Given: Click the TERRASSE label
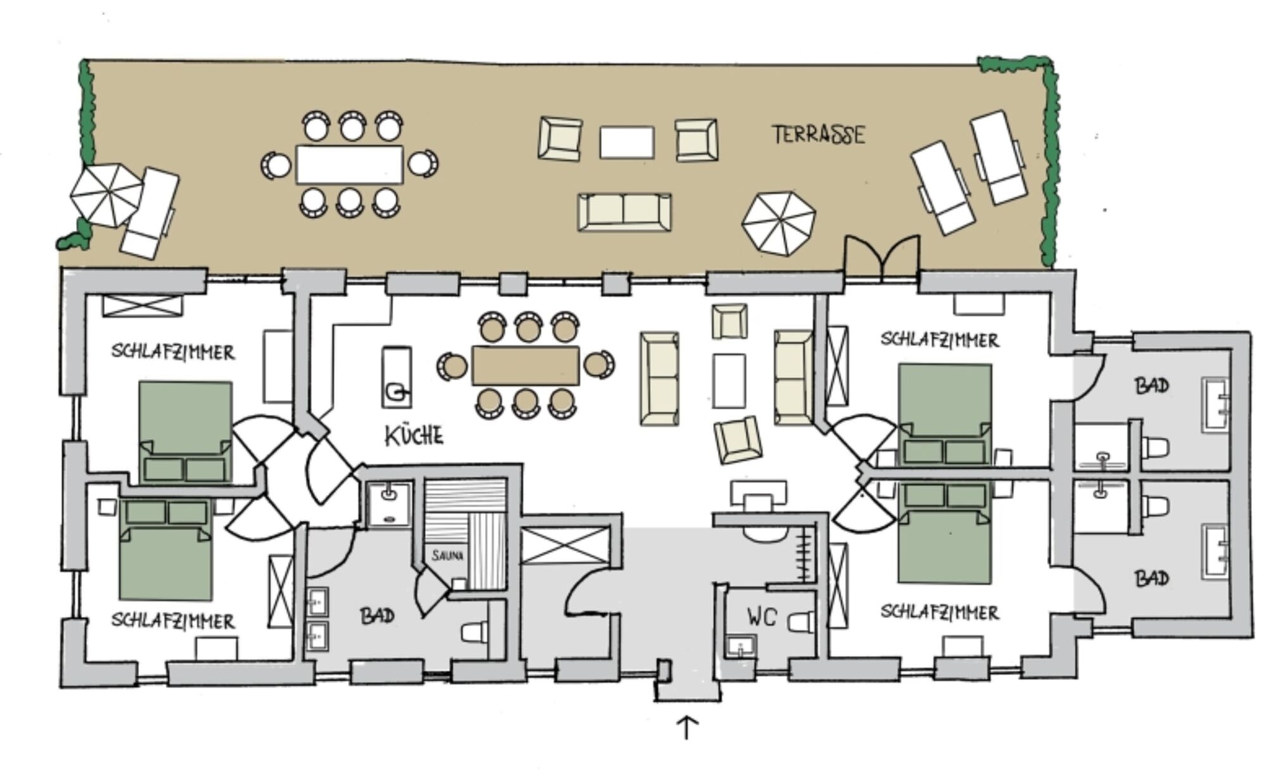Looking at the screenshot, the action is [818, 135].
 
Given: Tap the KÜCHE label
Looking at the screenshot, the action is [414, 436].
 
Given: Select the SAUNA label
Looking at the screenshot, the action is [448, 556].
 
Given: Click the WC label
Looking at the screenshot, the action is [761, 616].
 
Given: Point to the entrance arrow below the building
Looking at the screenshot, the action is [687, 728].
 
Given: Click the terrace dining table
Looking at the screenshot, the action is [349, 164].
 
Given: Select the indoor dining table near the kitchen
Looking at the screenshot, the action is [525, 365].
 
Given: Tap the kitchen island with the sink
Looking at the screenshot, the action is [396, 377].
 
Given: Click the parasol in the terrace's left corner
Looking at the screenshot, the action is [105, 195].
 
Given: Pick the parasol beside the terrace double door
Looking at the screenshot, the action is [779, 223].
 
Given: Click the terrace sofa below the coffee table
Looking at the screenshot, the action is [624, 212].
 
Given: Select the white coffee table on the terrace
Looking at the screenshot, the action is [627, 142].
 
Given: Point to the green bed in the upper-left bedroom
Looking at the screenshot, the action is [185, 431].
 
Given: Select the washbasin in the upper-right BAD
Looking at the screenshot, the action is [1215, 405].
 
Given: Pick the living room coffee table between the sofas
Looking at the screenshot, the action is [729, 380].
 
